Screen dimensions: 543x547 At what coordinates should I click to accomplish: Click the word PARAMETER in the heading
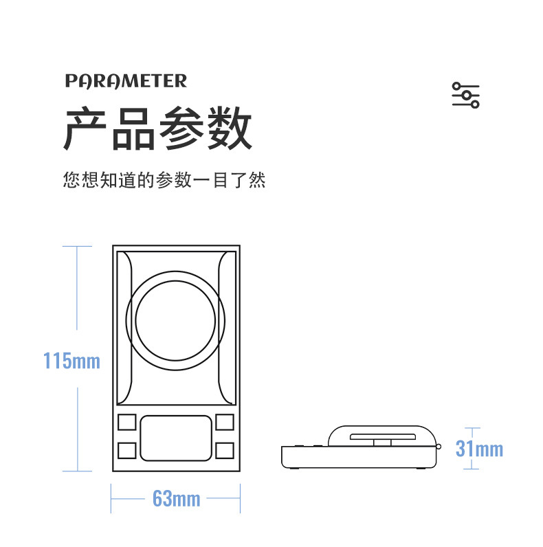[x=126, y=81]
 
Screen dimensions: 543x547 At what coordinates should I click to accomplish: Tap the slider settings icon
[x=465, y=95]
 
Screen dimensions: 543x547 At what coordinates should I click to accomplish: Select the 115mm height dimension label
[x=71, y=360]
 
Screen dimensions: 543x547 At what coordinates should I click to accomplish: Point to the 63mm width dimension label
[x=176, y=498]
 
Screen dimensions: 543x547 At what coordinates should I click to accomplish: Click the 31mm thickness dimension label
[x=479, y=449]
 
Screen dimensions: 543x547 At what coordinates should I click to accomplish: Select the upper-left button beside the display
[x=127, y=423]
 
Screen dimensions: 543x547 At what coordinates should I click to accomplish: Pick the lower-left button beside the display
[x=127, y=450]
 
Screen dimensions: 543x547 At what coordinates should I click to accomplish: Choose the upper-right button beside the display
[x=224, y=423]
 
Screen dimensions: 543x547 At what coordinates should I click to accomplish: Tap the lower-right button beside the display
[x=224, y=450]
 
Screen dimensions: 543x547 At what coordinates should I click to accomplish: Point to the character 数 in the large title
[x=230, y=129]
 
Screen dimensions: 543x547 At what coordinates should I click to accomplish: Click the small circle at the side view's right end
[x=438, y=447]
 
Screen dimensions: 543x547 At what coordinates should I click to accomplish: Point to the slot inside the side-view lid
[x=382, y=437]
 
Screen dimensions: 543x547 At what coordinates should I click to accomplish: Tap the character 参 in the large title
[x=182, y=129]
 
